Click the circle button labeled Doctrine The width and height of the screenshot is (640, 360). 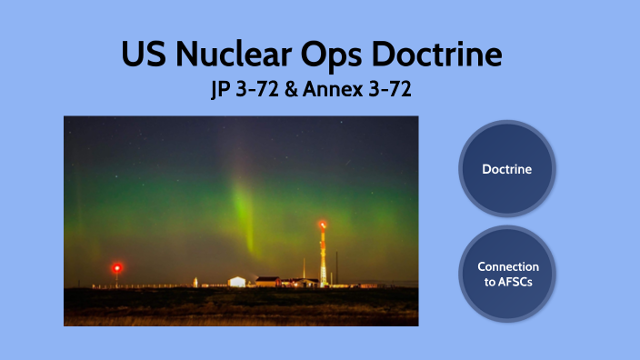click(x=507, y=169)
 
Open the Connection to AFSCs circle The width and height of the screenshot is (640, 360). click(x=507, y=274)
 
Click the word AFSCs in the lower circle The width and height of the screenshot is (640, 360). click(x=507, y=281)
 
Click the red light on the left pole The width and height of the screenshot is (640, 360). click(x=116, y=267)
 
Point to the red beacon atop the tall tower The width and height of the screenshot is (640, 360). click(x=323, y=224)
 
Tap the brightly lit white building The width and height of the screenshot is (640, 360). click(x=236, y=281)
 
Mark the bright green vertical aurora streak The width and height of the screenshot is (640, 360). click(x=243, y=209)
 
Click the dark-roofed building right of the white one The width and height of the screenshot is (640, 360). click(x=267, y=281)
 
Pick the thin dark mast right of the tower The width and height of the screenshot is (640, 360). click(x=336, y=267)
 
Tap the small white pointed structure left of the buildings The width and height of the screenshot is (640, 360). click(x=195, y=282)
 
